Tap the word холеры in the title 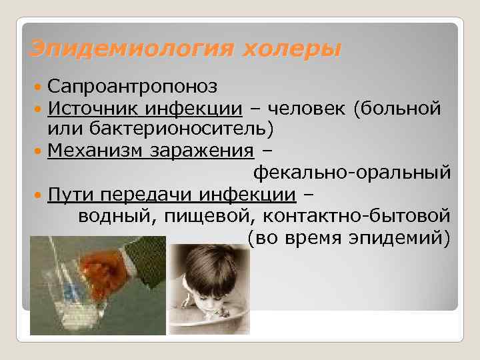tap(289, 49)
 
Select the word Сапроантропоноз tap(131, 87)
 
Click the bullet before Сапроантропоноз tap(40, 87)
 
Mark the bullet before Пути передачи tap(40, 195)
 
